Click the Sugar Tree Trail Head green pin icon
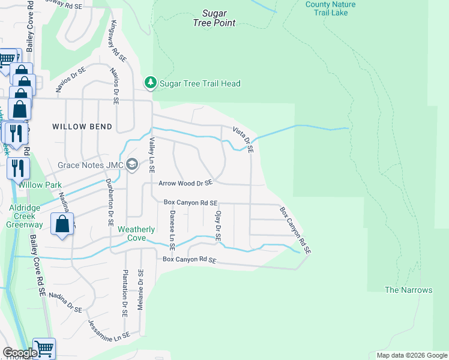(x=150, y=83)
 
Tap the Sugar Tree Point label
(x=214, y=18)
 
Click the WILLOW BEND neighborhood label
(x=82, y=127)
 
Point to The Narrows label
(x=408, y=290)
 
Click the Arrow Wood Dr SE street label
(x=185, y=183)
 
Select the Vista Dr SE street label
(x=243, y=139)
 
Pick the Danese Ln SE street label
(x=172, y=230)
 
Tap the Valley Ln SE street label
(x=152, y=156)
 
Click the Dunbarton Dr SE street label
(x=110, y=201)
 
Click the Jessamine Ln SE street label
(x=109, y=328)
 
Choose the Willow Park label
(x=39, y=185)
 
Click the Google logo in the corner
(x=19, y=353)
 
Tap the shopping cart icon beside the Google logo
(x=44, y=347)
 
